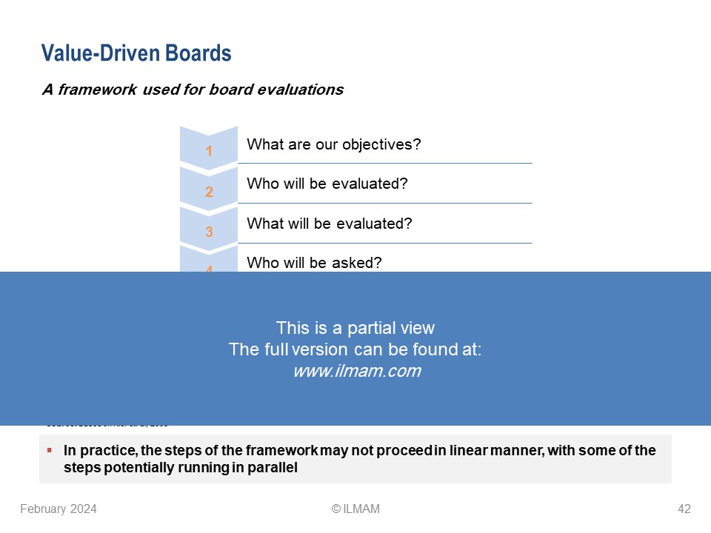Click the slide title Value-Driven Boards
click(x=136, y=53)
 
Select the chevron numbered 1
click(x=209, y=149)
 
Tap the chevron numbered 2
click(x=209, y=190)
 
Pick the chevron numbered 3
click(x=209, y=229)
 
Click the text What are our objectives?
click(x=333, y=144)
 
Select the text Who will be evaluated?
click(x=327, y=184)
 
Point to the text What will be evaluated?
click(x=329, y=223)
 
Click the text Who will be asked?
click(x=314, y=262)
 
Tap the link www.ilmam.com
click(x=356, y=372)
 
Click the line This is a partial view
click(x=355, y=328)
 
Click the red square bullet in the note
click(x=49, y=450)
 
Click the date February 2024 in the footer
click(x=59, y=509)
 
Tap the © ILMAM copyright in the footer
click(x=355, y=509)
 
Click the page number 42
click(x=684, y=509)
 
